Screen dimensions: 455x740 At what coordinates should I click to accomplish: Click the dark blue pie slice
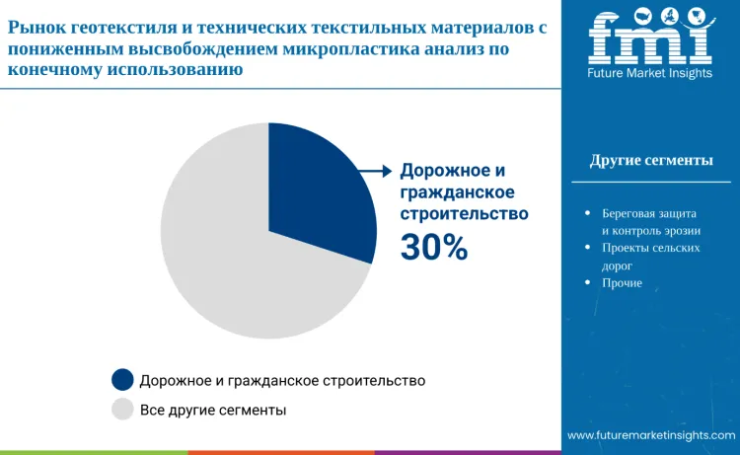point(316,192)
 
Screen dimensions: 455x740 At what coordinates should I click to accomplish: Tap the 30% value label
point(434,248)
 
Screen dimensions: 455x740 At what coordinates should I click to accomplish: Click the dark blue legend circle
point(122,380)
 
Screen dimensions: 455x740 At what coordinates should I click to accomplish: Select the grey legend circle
point(122,409)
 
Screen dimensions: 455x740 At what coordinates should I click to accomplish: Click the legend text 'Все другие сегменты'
point(213,409)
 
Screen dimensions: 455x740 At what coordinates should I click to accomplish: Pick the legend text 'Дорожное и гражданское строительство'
point(282,380)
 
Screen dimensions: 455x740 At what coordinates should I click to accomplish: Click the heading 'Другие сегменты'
point(651,161)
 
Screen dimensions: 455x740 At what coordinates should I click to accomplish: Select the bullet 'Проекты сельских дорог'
point(650,257)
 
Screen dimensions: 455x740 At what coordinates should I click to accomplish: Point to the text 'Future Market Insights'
point(649,73)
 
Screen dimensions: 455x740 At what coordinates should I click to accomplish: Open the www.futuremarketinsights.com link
point(651,435)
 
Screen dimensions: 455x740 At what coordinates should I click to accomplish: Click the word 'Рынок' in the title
point(37,30)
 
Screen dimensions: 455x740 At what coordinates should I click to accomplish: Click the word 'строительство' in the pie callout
point(464,213)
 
